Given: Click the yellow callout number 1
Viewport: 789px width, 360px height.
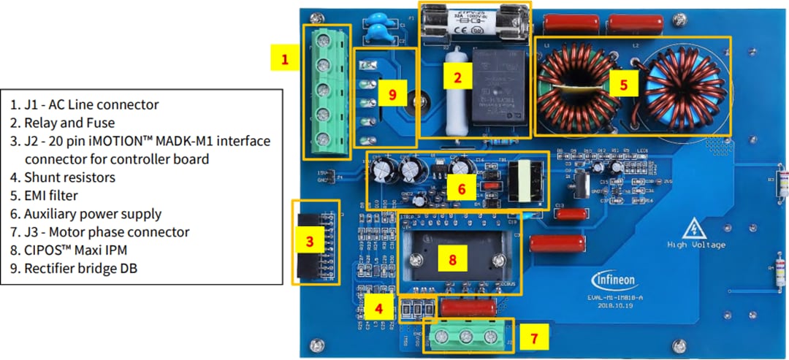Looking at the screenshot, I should pos(286,58).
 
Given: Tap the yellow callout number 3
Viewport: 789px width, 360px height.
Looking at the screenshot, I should pos(310,240).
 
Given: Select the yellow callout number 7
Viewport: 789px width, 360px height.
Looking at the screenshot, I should pos(534,338).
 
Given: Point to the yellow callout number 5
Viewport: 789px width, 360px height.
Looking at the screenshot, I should pos(622,84).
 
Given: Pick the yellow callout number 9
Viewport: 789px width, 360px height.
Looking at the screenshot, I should pos(392,95).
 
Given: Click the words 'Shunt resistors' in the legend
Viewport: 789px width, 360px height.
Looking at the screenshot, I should pos(69,177).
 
